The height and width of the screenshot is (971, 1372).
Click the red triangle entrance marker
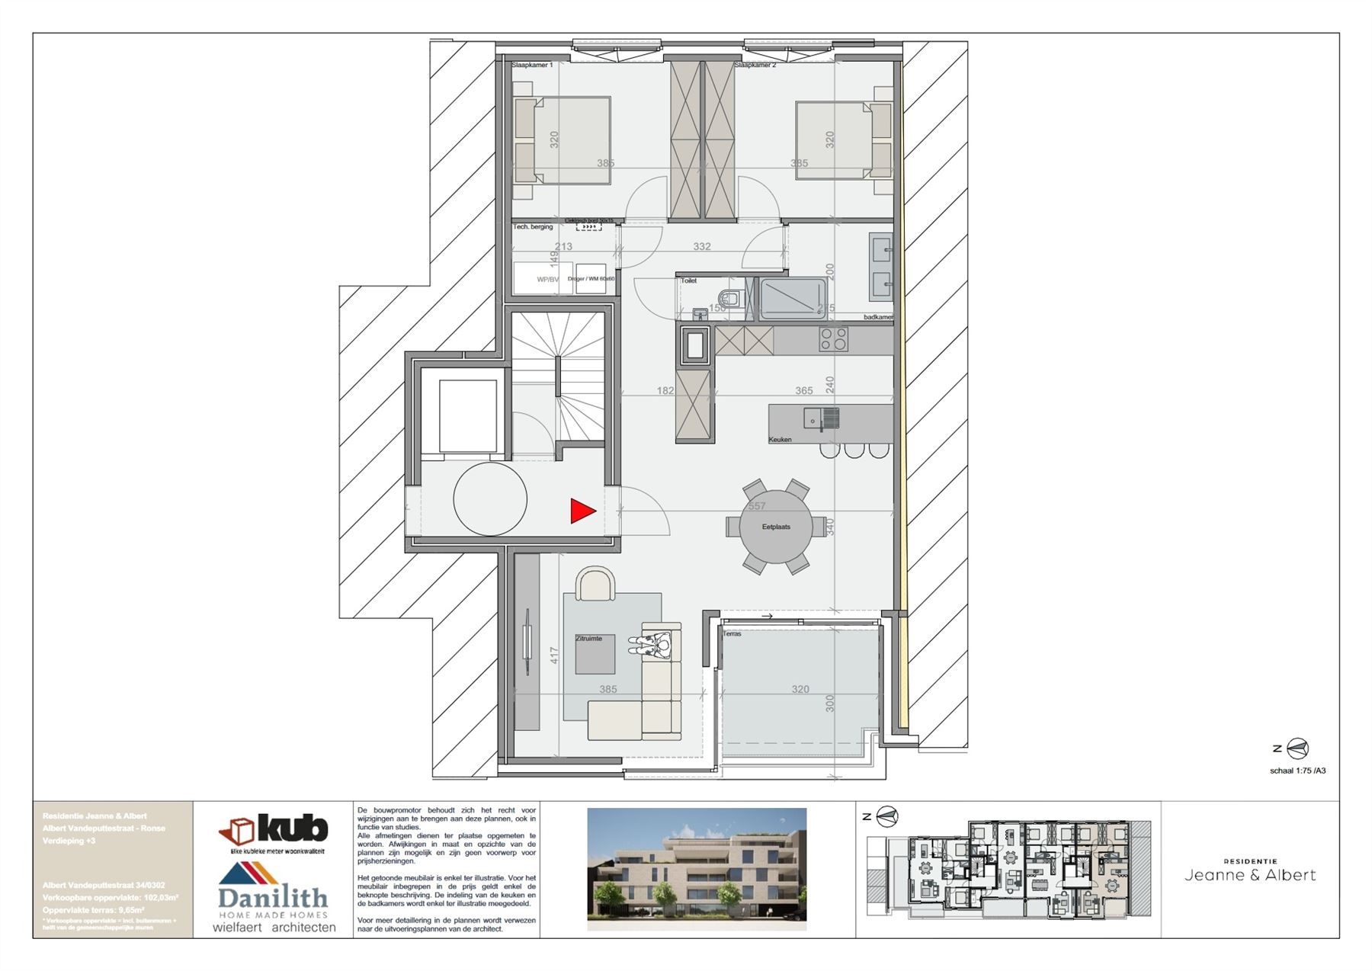click(582, 511)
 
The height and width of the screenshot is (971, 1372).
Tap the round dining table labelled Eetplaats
click(775, 527)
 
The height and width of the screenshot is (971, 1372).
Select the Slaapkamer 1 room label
click(532, 66)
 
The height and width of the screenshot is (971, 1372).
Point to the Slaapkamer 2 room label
click(755, 66)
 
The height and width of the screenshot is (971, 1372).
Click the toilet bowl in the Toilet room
click(731, 298)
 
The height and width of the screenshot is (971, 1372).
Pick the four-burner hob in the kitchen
click(833, 339)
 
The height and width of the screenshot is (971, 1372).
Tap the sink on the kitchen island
click(821, 418)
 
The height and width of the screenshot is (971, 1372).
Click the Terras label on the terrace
click(732, 634)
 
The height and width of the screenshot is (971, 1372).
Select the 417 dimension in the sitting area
click(554, 655)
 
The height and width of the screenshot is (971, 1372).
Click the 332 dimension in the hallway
click(701, 246)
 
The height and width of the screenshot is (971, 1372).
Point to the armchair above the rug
click(596, 585)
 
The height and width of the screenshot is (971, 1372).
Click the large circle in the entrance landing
click(490, 499)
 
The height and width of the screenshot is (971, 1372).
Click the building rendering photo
click(696, 869)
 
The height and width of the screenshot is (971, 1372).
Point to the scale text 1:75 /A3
click(1297, 771)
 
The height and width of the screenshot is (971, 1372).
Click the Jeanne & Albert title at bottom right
click(1250, 875)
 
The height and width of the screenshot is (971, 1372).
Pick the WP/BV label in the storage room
click(547, 280)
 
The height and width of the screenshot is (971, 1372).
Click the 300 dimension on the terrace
click(830, 703)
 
